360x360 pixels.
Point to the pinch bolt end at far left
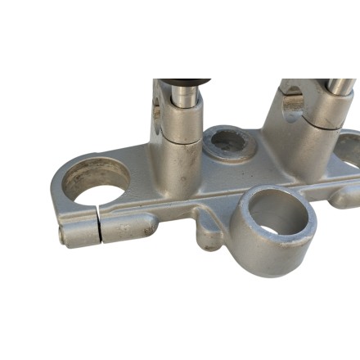63,235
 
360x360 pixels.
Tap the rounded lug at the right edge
343,196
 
